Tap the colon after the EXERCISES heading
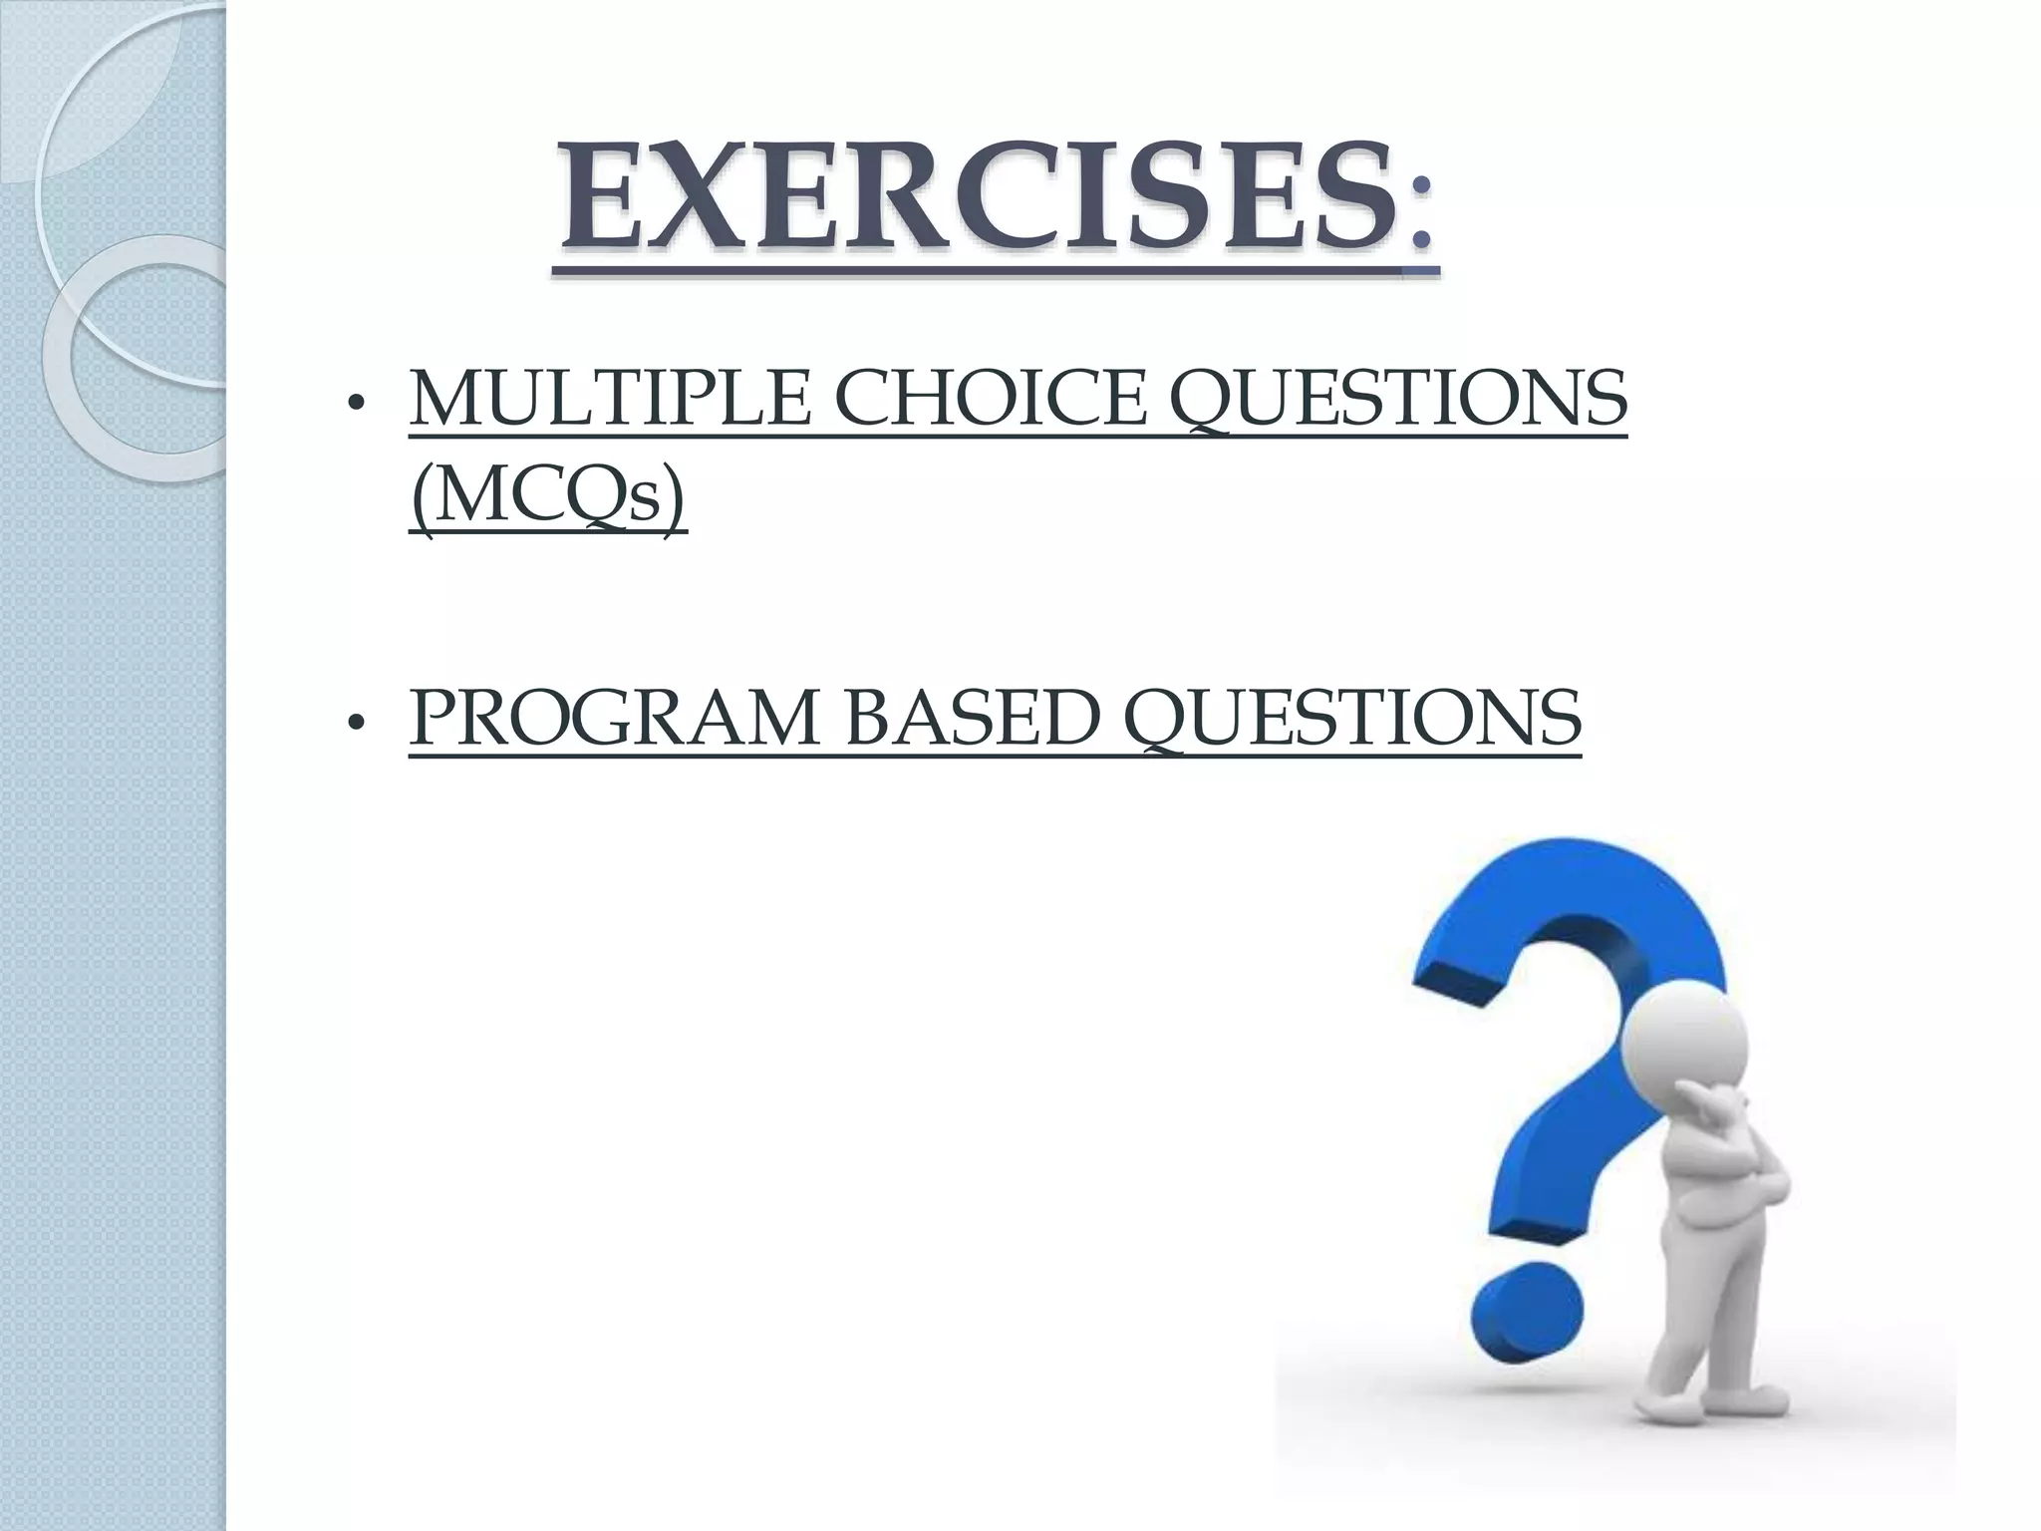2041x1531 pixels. tap(1421, 214)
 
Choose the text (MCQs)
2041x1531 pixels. tap(548, 497)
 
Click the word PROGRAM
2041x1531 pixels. tap(614, 719)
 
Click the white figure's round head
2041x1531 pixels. tap(1685, 1047)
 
